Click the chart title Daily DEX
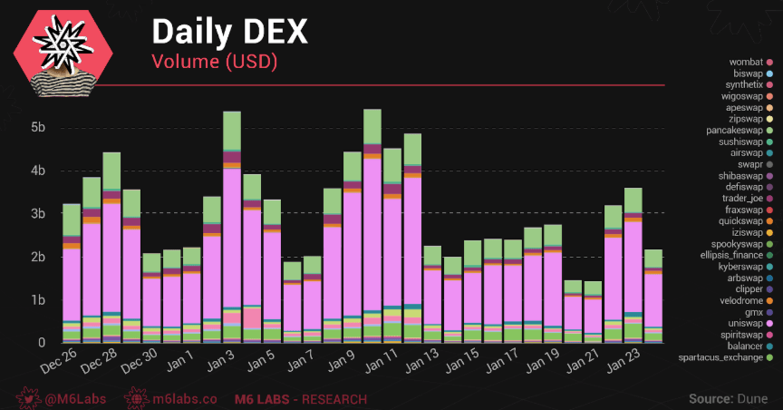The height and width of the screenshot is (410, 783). click(228, 32)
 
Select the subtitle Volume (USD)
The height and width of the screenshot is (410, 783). click(214, 62)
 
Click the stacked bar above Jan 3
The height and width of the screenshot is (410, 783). click(231, 227)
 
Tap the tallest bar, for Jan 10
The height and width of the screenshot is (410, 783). click(372, 227)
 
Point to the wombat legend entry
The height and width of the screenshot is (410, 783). click(747, 61)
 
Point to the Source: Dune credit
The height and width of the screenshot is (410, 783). click(728, 398)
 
